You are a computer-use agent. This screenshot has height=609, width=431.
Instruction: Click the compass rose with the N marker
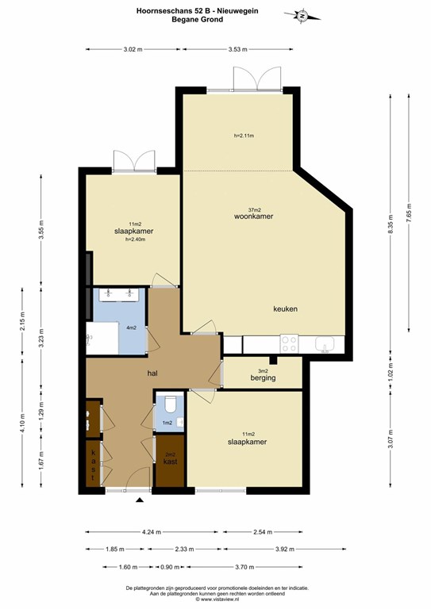pos(302,16)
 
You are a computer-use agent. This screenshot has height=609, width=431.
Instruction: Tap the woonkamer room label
pos(253,216)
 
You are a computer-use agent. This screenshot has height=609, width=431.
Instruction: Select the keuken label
pos(285,309)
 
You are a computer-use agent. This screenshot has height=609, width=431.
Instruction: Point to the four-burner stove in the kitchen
pos(289,343)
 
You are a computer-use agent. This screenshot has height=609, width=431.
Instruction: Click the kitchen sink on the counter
pos(325,344)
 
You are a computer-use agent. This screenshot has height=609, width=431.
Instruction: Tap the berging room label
pos(263,378)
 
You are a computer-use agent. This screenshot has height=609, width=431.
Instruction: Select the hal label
pos(152,373)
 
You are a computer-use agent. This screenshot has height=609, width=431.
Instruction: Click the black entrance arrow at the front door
pos(140,500)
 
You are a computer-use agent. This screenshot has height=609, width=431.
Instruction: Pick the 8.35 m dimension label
pos(391,224)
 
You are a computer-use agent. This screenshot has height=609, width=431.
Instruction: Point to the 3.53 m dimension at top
pos(238,49)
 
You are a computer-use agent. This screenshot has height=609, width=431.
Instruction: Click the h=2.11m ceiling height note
pos(244,136)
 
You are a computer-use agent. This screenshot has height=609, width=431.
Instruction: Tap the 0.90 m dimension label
pos(170,567)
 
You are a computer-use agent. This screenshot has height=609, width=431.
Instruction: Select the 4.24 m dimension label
pos(152,532)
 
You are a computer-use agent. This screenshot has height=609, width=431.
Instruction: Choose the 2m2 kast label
pos(170,459)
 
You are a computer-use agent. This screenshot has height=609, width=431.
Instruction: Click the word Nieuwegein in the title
pos(238,11)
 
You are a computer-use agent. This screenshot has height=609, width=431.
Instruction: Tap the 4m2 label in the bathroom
pos(131,327)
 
